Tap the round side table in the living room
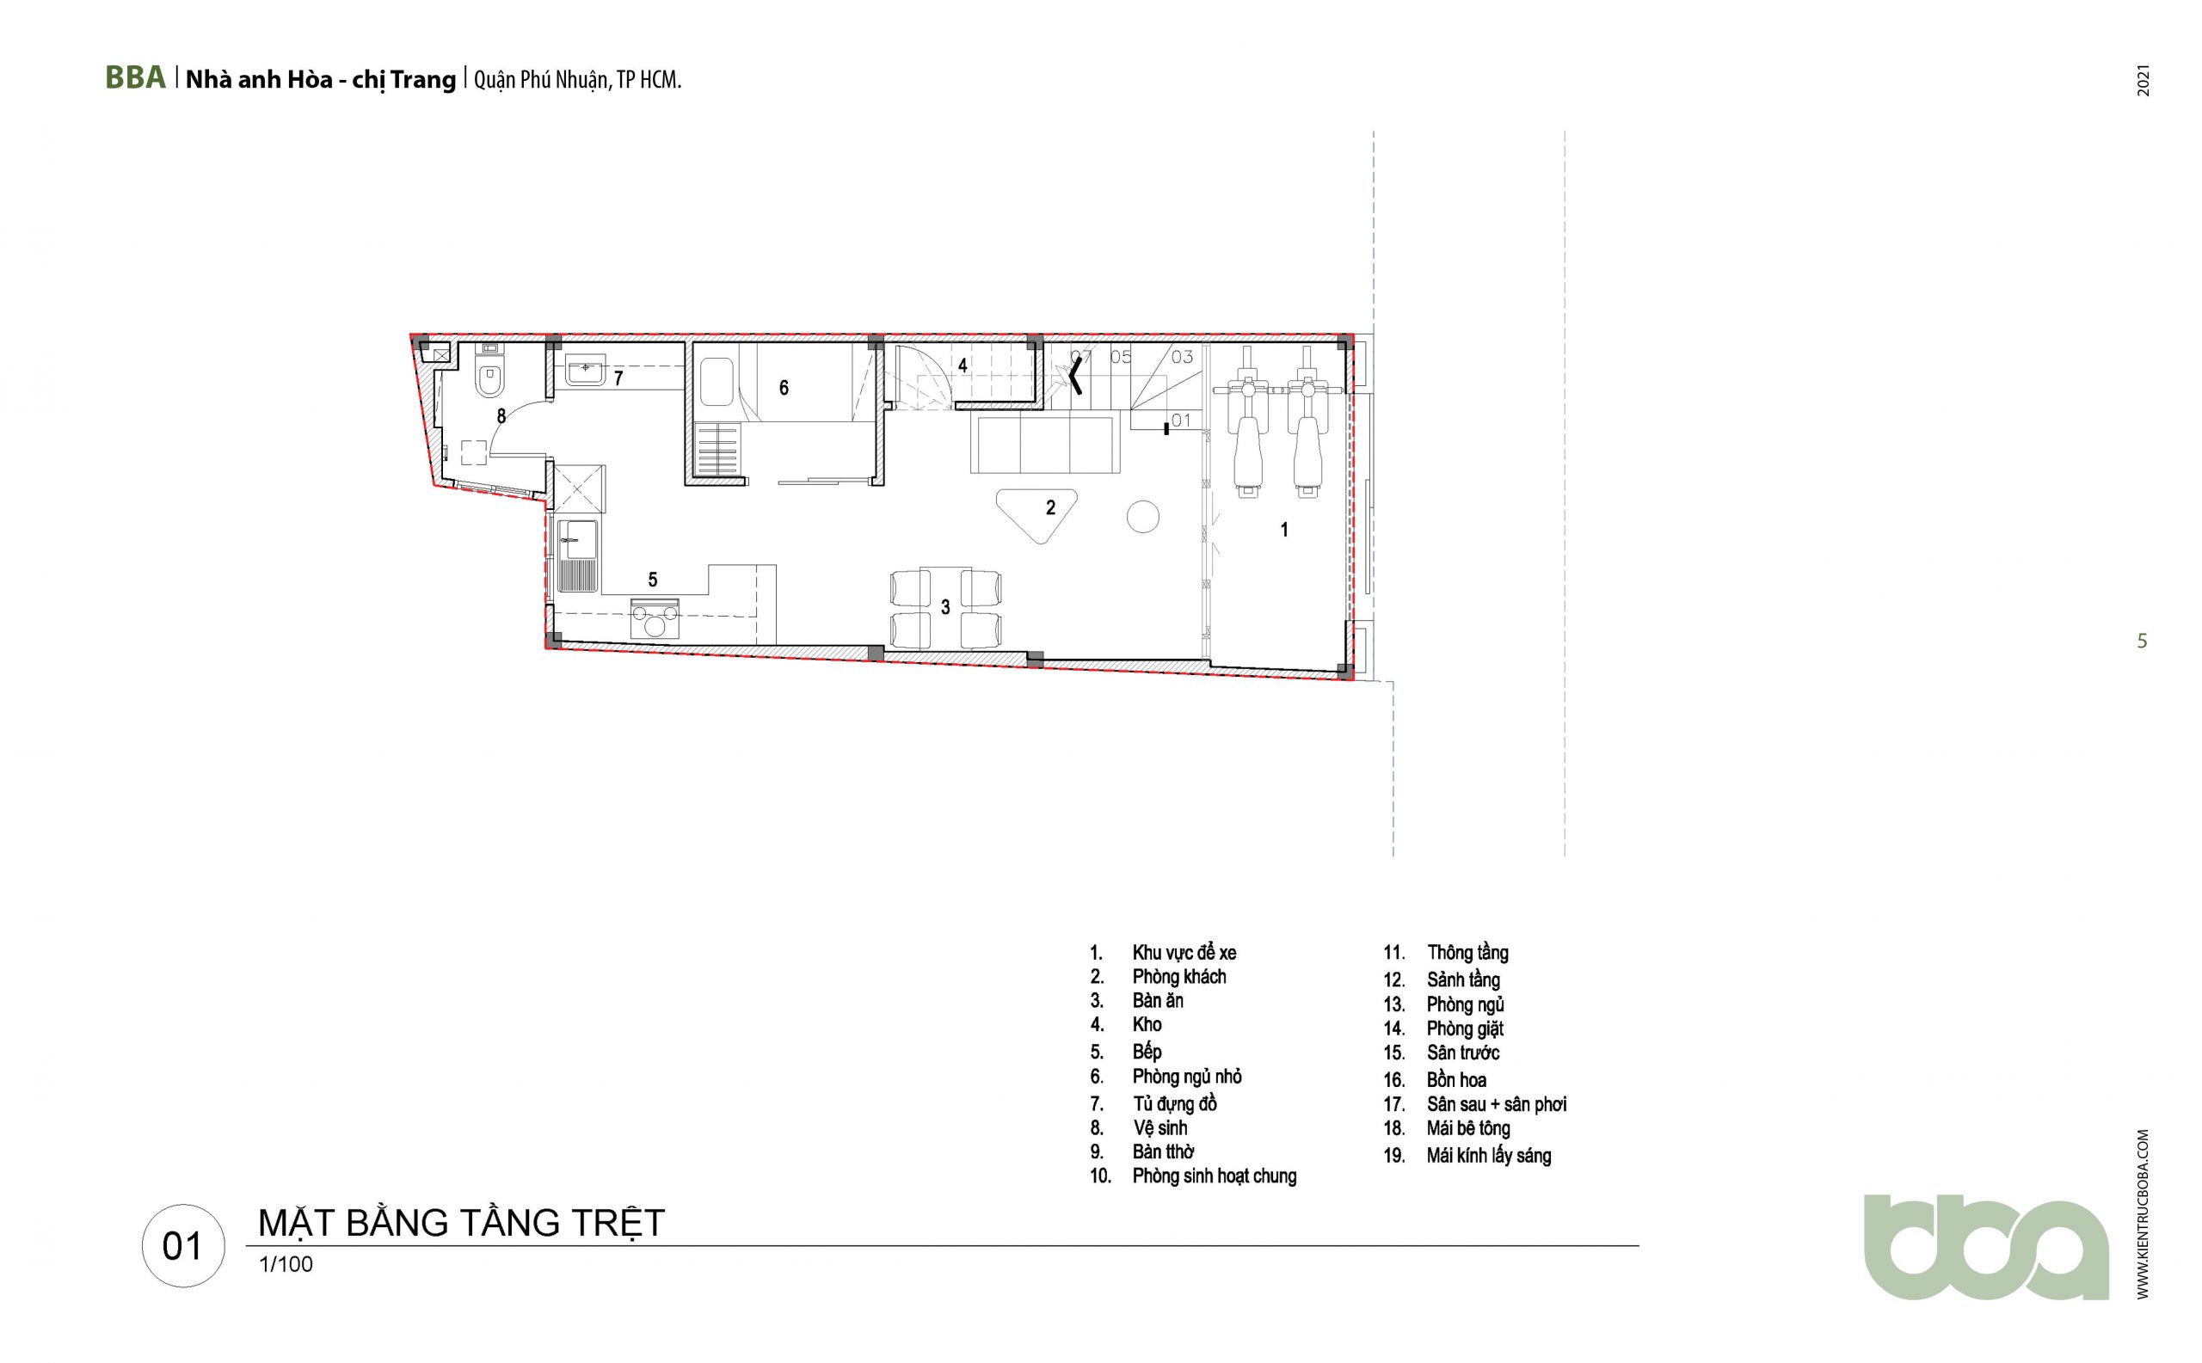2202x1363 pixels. [1142, 517]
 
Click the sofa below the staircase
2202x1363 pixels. [1045, 444]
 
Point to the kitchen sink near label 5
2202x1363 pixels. [577, 556]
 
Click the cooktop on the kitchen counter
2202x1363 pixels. [655, 618]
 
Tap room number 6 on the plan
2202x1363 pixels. [784, 388]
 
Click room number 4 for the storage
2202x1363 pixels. [963, 366]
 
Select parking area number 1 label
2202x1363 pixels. [1285, 530]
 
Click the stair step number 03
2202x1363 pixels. [1182, 357]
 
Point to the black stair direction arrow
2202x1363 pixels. [1076, 374]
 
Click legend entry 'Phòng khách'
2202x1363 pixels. [1179, 977]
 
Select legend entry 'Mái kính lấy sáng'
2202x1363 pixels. [1489, 1156]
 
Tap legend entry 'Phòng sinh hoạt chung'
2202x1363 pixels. [1215, 1176]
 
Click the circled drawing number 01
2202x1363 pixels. [183, 1247]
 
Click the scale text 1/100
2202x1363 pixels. [286, 1265]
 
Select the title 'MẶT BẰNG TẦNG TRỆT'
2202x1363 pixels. [462, 1224]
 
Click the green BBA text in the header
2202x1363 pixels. [135, 78]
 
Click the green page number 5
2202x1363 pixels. [2143, 642]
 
